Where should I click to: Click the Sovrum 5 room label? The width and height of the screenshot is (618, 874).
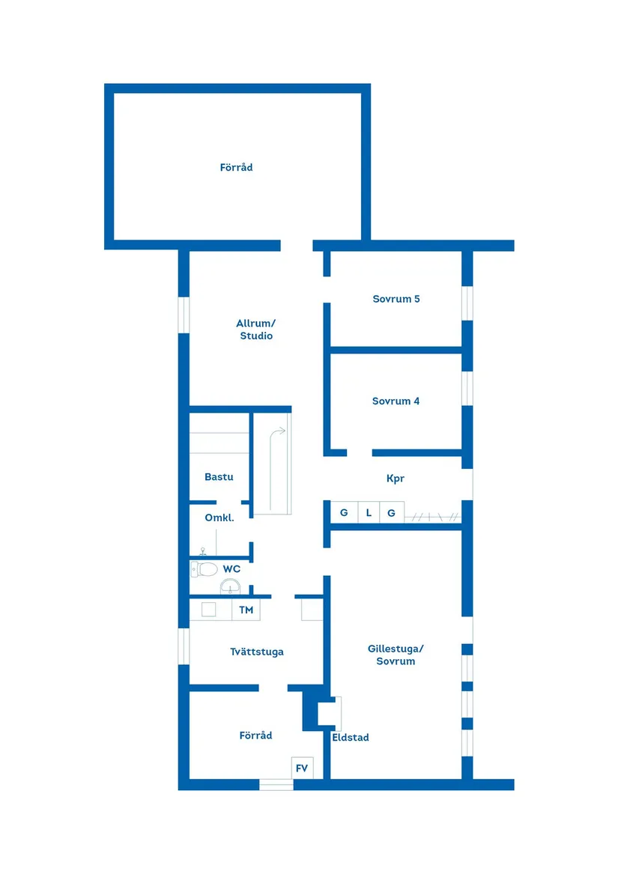tap(396, 299)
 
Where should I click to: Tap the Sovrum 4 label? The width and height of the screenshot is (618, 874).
tap(396, 401)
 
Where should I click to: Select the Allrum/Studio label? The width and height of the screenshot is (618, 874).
tap(256, 330)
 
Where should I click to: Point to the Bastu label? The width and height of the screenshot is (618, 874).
tap(219, 477)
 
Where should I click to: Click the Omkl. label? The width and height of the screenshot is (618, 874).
tap(219, 518)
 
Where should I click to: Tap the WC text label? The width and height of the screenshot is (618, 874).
tap(231, 569)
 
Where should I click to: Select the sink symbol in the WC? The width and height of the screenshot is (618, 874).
tap(230, 586)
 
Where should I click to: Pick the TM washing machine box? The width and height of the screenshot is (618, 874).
tap(246, 610)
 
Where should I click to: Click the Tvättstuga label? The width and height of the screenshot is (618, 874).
tap(257, 652)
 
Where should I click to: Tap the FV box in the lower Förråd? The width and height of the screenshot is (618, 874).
tap(302, 768)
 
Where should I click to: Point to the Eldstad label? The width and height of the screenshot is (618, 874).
tap(351, 738)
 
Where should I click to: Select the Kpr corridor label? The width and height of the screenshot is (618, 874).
tap(396, 478)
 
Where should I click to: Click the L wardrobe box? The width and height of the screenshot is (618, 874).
tap(369, 513)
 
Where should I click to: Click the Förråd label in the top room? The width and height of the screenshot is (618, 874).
tap(236, 168)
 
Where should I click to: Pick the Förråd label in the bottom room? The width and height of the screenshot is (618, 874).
tap(255, 735)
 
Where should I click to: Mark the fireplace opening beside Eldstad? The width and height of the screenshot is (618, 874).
tap(329, 713)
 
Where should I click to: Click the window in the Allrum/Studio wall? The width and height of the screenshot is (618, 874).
tap(184, 315)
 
